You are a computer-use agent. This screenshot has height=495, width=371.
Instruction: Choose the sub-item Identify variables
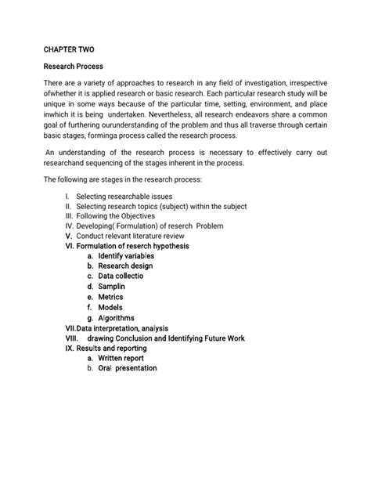click(x=127, y=256)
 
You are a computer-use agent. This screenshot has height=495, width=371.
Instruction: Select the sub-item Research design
click(x=125, y=266)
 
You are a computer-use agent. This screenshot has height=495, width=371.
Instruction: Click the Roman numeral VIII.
click(x=74, y=338)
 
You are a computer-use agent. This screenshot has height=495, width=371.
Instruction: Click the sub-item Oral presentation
click(x=128, y=368)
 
